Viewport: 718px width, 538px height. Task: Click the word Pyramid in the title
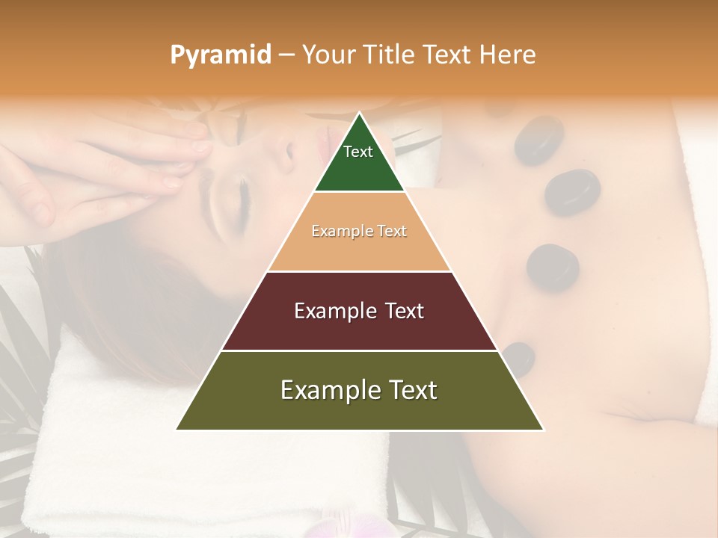click(220, 55)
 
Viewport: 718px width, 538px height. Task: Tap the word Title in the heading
click(393, 55)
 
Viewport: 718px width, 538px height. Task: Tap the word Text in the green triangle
click(358, 152)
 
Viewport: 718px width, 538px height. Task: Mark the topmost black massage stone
click(538, 140)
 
